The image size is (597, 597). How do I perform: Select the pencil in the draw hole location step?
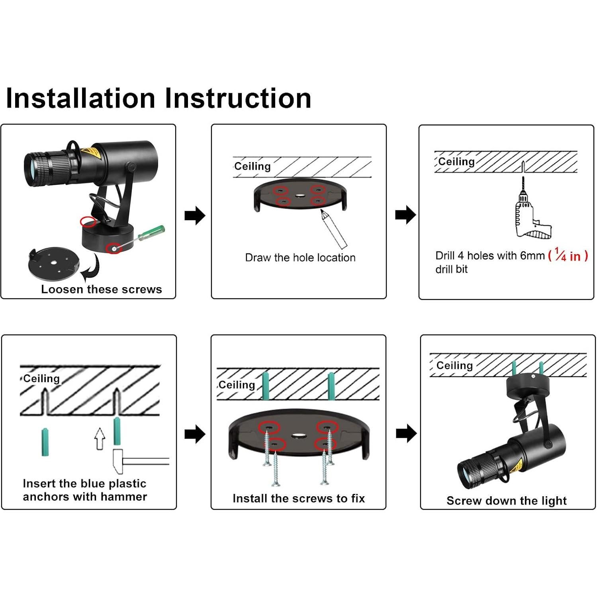coord(334,229)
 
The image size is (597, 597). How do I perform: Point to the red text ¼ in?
coord(568,256)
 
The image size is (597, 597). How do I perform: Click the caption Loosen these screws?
coord(102,290)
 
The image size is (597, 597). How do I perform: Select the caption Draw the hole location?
coord(300,258)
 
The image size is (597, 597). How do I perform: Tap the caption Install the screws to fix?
coord(298,499)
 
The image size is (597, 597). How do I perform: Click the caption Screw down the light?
coord(506,501)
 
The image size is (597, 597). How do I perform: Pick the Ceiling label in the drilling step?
coord(456,162)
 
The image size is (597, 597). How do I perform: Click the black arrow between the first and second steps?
coord(195,216)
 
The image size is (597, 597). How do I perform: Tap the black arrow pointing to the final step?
coord(406,433)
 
